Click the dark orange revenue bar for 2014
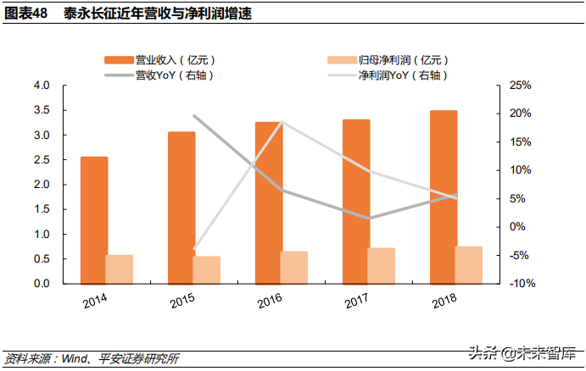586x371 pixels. click(x=93, y=220)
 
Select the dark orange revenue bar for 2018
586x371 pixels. click(x=444, y=197)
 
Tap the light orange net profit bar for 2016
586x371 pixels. click(x=293, y=267)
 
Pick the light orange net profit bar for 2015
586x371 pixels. click(x=206, y=269)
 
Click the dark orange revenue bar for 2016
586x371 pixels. click(x=268, y=202)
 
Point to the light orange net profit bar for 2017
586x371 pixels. click(x=381, y=265)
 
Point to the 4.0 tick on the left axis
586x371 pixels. click(x=42, y=86)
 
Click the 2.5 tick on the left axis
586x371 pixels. click(x=42, y=160)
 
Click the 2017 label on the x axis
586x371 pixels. click(x=358, y=302)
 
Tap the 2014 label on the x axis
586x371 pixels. click(x=95, y=302)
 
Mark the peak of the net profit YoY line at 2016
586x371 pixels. click(x=282, y=123)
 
